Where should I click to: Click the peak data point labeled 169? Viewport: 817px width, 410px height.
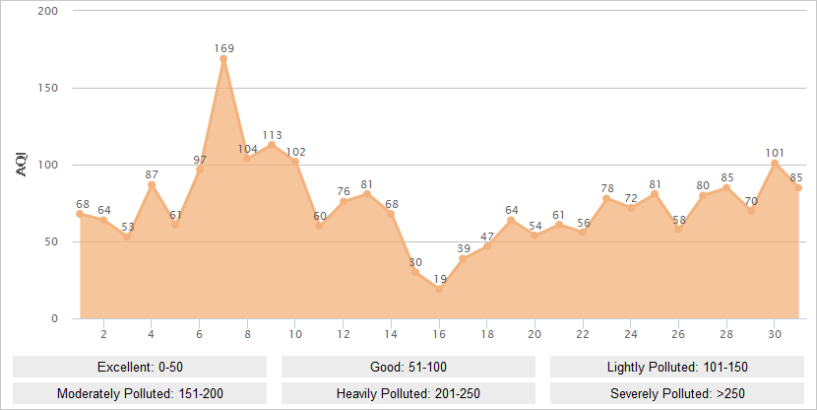pyautogui.click(x=223, y=59)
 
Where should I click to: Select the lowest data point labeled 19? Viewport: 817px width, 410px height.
pyautogui.click(x=439, y=290)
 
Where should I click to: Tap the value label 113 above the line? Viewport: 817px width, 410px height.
pyautogui.click(x=272, y=135)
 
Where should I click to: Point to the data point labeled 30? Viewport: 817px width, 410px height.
pyautogui.click(x=415, y=272)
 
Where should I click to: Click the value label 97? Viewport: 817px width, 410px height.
pyautogui.click(x=200, y=160)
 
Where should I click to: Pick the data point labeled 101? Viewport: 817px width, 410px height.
pyautogui.click(x=775, y=163)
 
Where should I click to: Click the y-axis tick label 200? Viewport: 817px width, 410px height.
pyautogui.click(x=48, y=11)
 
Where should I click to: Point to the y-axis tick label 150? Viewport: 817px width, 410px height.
pyautogui.click(x=48, y=88)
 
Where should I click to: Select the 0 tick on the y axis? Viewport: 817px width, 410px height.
pyautogui.click(x=54, y=318)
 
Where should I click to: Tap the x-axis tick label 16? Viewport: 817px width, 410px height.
pyautogui.click(x=439, y=333)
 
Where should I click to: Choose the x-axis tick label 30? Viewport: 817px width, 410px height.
pyautogui.click(x=775, y=333)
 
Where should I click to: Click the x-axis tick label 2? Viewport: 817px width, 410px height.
pyautogui.click(x=103, y=333)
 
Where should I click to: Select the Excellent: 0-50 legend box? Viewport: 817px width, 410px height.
pyautogui.click(x=140, y=367)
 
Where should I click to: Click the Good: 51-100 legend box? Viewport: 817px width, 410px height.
pyautogui.click(x=408, y=367)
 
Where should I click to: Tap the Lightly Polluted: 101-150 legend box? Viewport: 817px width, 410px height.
pyautogui.click(x=677, y=367)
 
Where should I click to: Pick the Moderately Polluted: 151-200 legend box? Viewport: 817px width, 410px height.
pyautogui.click(x=140, y=392)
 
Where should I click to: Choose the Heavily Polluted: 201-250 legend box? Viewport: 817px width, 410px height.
pyautogui.click(x=408, y=392)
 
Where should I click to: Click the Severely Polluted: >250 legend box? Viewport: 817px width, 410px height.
pyautogui.click(x=677, y=392)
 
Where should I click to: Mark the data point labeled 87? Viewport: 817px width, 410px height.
pyautogui.click(x=152, y=184)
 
